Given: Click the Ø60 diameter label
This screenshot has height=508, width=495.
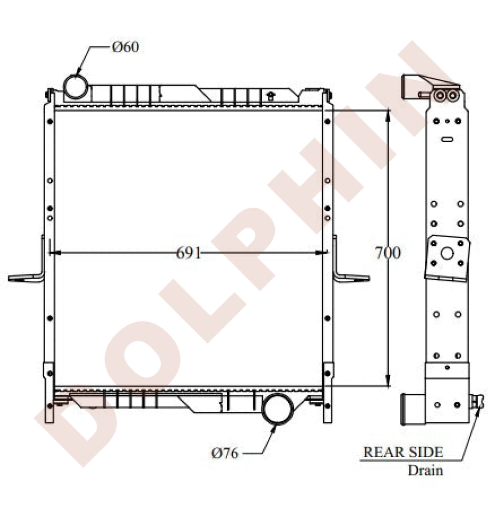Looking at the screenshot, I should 125,47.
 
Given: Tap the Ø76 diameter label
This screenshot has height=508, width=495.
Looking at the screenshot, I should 225,453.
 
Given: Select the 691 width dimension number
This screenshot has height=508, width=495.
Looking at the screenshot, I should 189,252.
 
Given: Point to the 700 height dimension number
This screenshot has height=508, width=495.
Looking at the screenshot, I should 387,252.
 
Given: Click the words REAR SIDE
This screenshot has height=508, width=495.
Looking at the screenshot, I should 403,452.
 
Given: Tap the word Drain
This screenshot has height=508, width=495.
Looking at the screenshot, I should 425,470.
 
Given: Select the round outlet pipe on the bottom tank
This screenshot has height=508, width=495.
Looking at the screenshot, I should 278,408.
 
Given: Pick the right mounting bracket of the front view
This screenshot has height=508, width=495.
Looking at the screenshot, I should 350,275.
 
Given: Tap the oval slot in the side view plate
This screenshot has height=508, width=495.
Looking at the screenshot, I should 447,139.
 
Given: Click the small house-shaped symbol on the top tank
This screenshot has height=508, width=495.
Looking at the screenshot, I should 270,94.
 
